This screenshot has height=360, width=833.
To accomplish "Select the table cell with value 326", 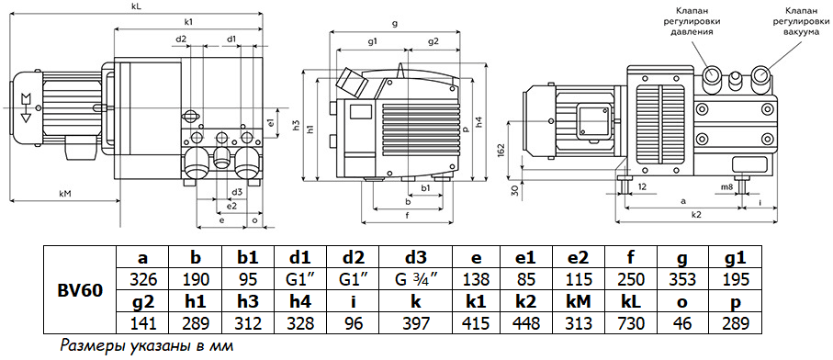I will point(141,280).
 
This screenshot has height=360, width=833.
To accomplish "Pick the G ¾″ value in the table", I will point(415,280).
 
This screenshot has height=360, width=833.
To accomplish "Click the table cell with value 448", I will point(578,323).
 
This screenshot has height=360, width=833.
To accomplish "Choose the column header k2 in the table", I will point(578,302).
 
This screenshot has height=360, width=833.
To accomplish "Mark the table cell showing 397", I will point(415,323).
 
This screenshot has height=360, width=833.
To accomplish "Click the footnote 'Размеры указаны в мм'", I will point(144,346).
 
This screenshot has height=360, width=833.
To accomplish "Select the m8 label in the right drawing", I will point(726,186).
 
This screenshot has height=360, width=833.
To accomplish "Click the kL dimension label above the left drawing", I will point(136,6).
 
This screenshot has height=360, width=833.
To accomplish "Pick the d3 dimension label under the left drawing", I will point(236,192).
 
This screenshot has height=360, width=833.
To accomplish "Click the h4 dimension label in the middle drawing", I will point(479,121).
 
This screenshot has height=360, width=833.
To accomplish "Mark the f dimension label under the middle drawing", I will point(408,216).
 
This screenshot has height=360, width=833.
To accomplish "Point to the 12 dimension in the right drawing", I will point(642,186).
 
